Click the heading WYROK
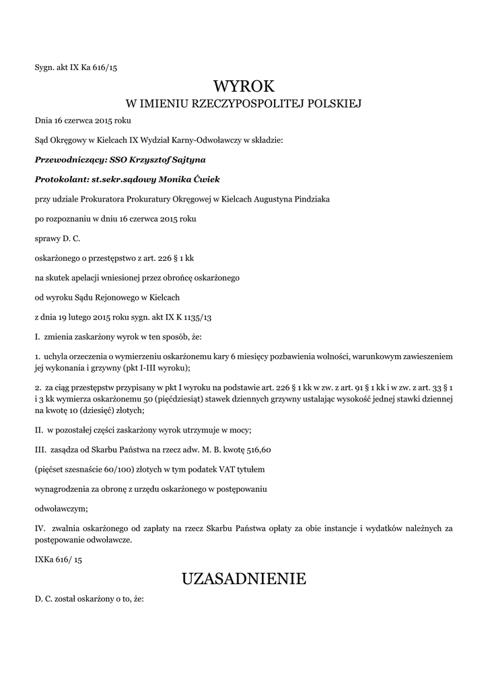click(244, 86)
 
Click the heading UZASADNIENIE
click(244, 578)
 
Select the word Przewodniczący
click(65, 160)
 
